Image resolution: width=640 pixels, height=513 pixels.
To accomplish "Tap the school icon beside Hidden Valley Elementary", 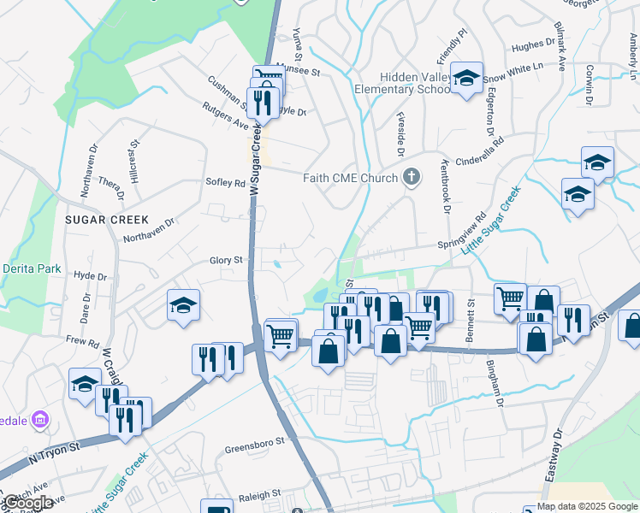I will tap(466, 79).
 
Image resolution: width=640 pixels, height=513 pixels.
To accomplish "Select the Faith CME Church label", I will tap(351, 178).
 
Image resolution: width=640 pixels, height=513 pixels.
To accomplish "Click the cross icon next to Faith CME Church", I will tap(412, 178).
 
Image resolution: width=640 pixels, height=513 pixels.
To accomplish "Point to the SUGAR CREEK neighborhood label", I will tap(107, 220).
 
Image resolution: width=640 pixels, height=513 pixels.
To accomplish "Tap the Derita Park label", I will tap(32, 268).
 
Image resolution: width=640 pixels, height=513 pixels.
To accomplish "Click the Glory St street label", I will tap(227, 260).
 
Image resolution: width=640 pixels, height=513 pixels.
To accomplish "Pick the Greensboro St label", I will tap(253, 448).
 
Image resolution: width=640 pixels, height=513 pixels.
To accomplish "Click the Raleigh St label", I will tap(258, 495).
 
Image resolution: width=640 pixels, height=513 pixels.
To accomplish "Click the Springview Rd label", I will tap(463, 230).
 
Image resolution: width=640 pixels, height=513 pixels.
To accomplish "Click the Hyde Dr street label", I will tap(90, 276).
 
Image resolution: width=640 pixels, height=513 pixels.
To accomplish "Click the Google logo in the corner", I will tap(27, 503).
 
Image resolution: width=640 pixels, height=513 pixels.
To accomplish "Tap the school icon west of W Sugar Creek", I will tap(183, 305).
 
